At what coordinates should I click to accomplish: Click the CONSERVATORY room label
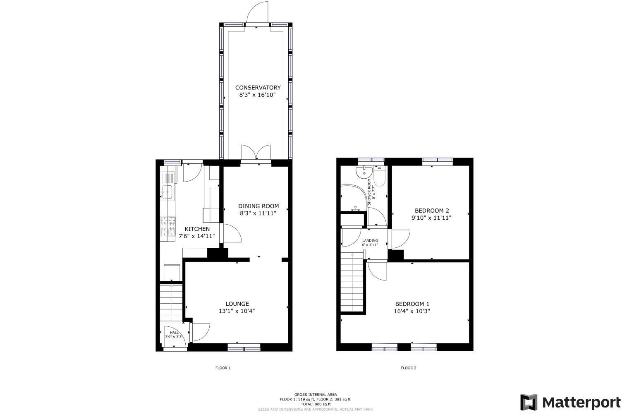tap(258, 88)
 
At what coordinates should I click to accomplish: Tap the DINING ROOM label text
tap(258, 206)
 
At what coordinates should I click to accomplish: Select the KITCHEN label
tap(197, 229)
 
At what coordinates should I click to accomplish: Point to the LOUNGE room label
tap(237, 304)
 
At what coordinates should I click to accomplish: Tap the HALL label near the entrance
tap(174, 333)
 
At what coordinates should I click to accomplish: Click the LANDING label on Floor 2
tap(370, 241)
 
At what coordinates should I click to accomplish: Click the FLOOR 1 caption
tap(223, 368)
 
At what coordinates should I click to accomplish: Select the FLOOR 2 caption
tap(409, 368)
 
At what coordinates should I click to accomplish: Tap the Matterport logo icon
tap(529, 402)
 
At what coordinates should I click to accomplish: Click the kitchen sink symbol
tap(167, 191)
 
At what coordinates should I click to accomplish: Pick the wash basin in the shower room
tap(363, 172)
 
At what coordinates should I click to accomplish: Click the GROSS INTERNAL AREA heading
tap(315, 395)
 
